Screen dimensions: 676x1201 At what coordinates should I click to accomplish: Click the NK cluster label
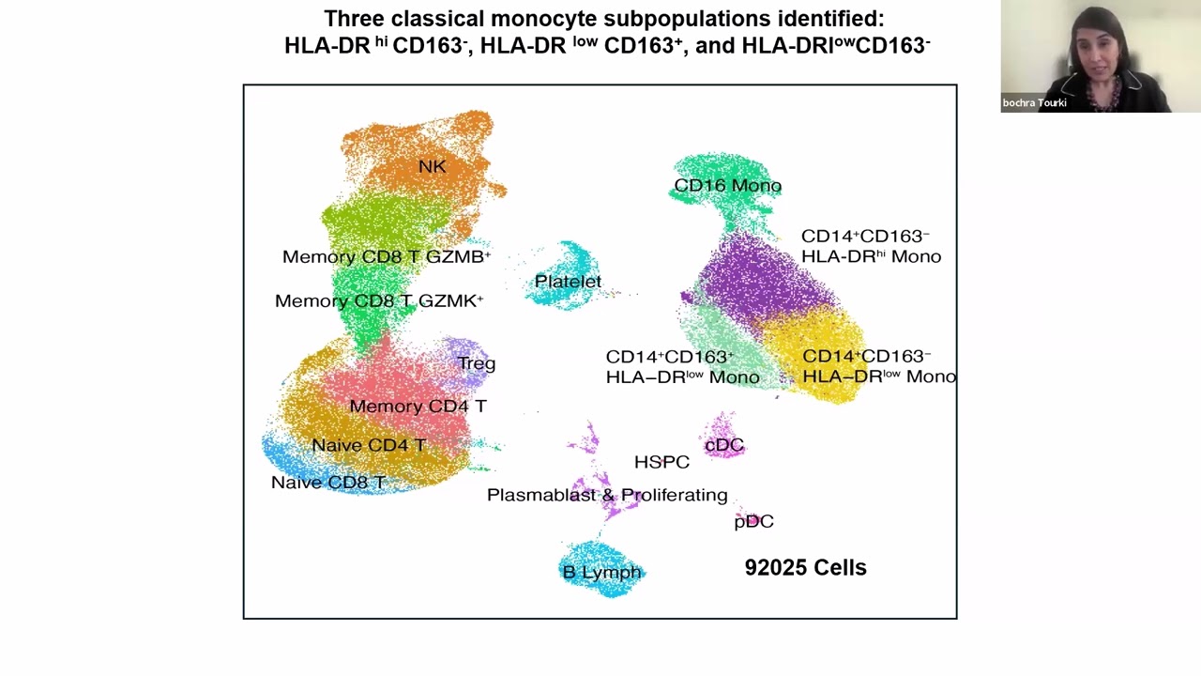[x=432, y=166]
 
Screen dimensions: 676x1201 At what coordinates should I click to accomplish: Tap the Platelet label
[x=568, y=281]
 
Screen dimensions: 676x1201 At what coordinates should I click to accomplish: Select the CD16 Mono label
[x=727, y=186]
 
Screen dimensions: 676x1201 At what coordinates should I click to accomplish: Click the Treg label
[x=476, y=363]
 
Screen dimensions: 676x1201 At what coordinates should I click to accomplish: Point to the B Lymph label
[x=601, y=572]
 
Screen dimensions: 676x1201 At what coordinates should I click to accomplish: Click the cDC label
[x=723, y=445]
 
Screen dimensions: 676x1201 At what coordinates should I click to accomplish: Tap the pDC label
[x=753, y=521]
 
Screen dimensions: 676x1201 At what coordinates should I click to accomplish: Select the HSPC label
[x=661, y=462]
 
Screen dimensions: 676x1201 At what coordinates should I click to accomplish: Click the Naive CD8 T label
[x=327, y=483]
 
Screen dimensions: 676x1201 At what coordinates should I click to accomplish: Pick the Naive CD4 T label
[x=369, y=445]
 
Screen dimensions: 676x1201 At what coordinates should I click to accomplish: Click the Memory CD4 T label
[x=418, y=407]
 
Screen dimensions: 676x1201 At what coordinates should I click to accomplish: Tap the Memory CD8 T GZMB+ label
[x=386, y=256]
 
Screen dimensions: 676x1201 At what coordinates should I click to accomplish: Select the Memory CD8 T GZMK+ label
[x=378, y=301]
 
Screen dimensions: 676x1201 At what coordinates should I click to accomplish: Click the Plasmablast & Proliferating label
[x=607, y=495]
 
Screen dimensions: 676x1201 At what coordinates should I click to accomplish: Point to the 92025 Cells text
[x=805, y=567]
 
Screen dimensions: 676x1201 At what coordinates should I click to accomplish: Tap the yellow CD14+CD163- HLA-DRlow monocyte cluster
[x=826, y=338]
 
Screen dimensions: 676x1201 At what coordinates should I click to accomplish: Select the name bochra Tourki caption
[x=1034, y=103]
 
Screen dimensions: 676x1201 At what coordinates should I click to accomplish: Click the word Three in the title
[x=353, y=19]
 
